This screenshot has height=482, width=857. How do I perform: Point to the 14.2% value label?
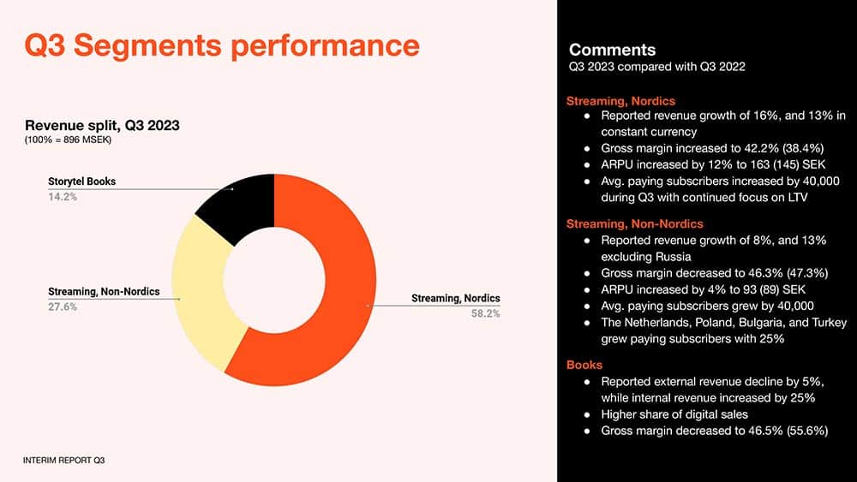click(63, 197)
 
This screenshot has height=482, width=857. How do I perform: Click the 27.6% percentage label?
click(63, 307)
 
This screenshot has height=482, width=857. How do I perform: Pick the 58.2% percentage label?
click(485, 314)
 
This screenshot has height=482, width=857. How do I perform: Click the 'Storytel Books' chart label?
click(82, 181)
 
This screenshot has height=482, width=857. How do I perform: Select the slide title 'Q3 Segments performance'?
click(222, 45)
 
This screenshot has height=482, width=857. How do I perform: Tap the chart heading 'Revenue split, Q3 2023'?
click(102, 126)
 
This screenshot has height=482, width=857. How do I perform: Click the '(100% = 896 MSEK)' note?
click(68, 140)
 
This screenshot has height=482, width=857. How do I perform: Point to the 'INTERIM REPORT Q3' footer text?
click(63, 461)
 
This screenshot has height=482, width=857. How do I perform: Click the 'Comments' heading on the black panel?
click(612, 50)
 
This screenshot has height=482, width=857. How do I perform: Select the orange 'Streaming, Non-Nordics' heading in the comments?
click(634, 223)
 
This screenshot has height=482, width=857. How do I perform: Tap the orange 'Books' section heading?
click(584, 366)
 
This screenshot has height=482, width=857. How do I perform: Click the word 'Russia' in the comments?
click(674, 257)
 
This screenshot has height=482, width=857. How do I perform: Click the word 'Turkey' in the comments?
click(829, 323)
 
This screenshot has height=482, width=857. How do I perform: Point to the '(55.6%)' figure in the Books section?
click(807, 431)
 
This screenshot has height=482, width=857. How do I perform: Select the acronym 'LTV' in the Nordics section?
click(796, 198)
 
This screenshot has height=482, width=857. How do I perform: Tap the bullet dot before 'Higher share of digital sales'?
click(587, 415)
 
